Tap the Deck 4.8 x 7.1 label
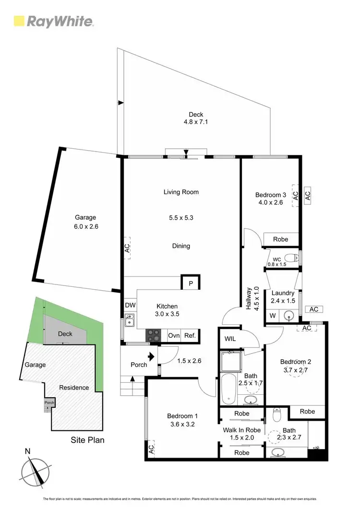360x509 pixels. (195, 118)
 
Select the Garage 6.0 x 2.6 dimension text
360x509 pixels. (85, 226)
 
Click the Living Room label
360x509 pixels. (181, 192)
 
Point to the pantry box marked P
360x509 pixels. (191, 284)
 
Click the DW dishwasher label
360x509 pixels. (130, 305)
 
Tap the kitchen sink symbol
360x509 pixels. (129, 320)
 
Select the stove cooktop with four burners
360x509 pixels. (153, 335)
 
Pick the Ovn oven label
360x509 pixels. (173, 335)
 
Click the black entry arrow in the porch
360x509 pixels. (152, 357)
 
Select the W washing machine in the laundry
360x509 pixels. (273, 316)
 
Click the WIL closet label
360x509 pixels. (230, 339)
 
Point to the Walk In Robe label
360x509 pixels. (241, 430)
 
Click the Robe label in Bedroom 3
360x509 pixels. (280, 239)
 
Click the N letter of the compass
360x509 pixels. (28, 451)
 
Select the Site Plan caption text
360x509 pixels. (87, 439)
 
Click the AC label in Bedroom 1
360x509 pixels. (151, 449)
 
